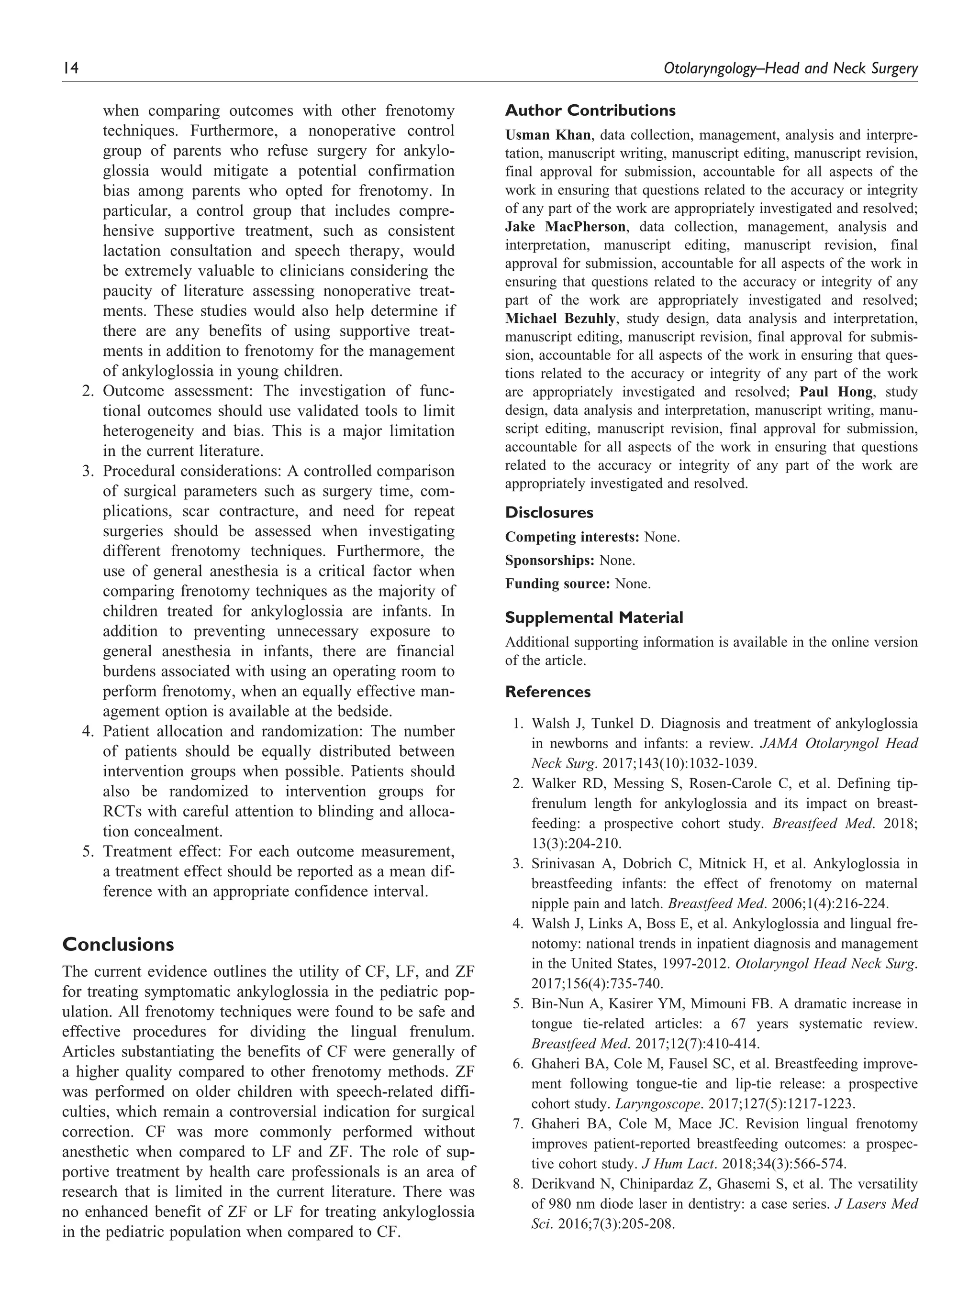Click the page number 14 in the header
70,69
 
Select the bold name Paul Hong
835,392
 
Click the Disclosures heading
548,512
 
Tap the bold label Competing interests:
571,537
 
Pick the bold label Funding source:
557,584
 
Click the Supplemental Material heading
593,617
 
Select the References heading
547,692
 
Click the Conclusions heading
118,944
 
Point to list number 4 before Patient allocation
87,731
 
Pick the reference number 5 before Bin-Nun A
518,1004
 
